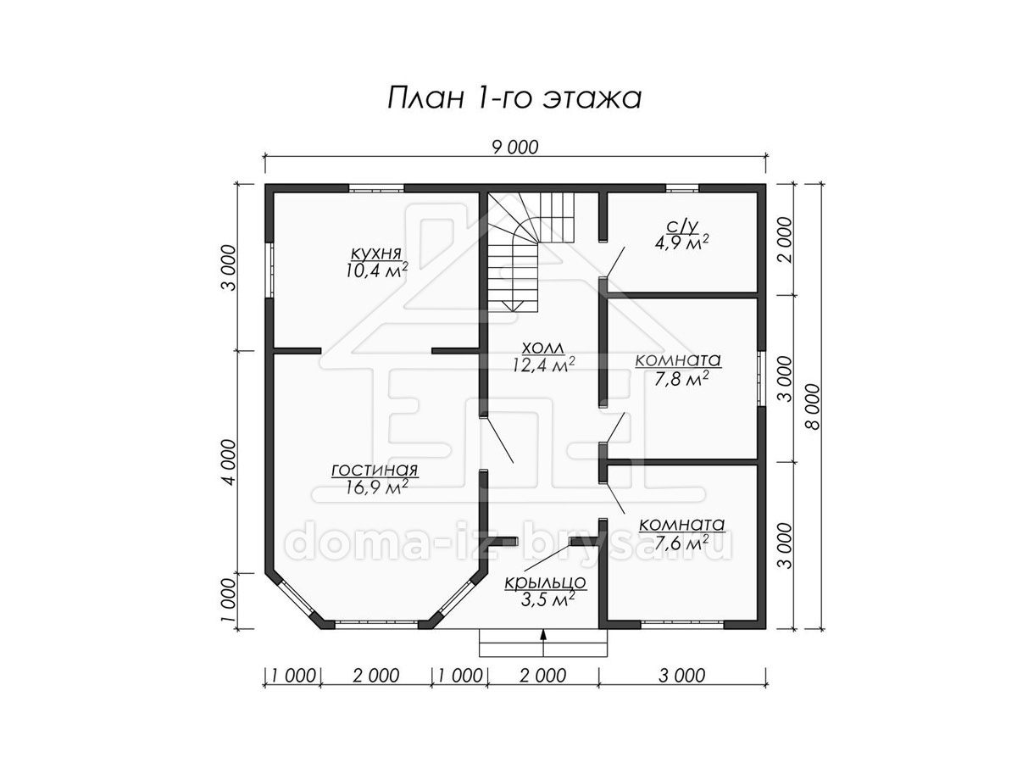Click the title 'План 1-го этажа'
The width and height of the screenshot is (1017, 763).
pyautogui.click(x=514, y=98)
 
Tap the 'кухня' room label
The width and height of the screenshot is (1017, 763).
pyautogui.click(x=375, y=253)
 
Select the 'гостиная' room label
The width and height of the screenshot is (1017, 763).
pyautogui.click(x=375, y=471)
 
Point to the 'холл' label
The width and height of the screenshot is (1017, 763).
pyautogui.click(x=543, y=348)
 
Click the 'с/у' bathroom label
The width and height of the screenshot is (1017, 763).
pyautogui.click(x=682, y=226)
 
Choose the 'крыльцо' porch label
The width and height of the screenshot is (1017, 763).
pyautogui.click(x=545, y=582)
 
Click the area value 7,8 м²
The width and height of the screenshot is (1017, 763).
pyautogui.click(x=681, y=380)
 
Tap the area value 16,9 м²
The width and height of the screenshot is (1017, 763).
pyautogui.click(x=376, y=487)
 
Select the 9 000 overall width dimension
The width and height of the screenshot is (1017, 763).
pyautogui.click(x=514, y=148)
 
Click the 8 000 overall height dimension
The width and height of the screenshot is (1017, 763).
pyautogui.click(x=813, y=407)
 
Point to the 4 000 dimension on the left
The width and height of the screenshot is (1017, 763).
pyautogui.click(x=230, y=462)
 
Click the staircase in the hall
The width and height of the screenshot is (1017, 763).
pyautogui.click(x=531, y=253)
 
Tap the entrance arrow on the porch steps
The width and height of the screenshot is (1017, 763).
pyautogui.click(x=543, y=642)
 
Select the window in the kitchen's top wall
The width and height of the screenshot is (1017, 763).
pyautogui.click(x=376, y=188)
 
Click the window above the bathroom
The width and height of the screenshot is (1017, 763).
pyautogui.click(x=682, y=188)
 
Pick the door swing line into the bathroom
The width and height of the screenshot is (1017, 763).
pyautogui.click(x=615, y=262)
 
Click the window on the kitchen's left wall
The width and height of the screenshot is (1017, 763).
pyautogui.click(x=270, y=269)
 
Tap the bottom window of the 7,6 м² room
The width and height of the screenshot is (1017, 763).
pyautogui.click(x=682, y=625)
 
